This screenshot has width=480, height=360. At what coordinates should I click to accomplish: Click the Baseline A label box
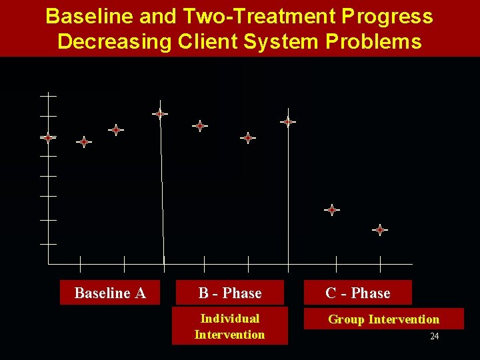tap(110, 293)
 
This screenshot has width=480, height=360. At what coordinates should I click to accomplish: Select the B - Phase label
tap(230, 293)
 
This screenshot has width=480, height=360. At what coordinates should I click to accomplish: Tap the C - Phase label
tap(358, 293)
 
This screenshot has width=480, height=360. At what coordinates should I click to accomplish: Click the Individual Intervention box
tap(230, 326)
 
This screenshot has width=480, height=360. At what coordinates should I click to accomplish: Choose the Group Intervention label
tap(384, 319)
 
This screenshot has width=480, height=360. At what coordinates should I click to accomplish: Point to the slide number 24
tap(434, 337)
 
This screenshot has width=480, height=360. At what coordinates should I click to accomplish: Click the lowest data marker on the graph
tap(379, 230)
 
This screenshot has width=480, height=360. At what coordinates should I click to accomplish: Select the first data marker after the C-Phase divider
tap(331, 210)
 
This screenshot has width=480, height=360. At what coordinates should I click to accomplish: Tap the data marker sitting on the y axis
tap(48, 138)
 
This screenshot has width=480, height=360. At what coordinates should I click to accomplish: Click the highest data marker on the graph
tap(159, 114)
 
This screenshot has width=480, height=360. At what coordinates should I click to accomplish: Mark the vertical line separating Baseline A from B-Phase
tap(162, 193)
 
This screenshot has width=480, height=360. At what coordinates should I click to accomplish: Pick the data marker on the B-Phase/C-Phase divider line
tap(287, 122)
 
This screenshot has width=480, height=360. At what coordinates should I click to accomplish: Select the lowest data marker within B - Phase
tap(248, 138)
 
